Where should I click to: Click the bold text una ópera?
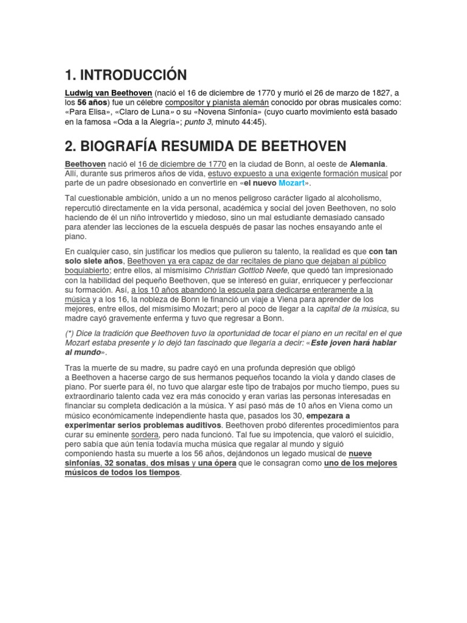[x=218, y=464]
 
